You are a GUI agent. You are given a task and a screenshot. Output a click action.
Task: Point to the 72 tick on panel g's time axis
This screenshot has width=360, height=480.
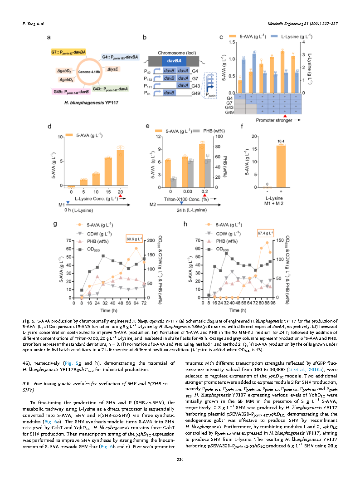pyautogui.click(x=144, y=303)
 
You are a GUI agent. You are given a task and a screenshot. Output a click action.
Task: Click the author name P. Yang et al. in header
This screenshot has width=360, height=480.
pyautogui.click(x=33, y=23)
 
